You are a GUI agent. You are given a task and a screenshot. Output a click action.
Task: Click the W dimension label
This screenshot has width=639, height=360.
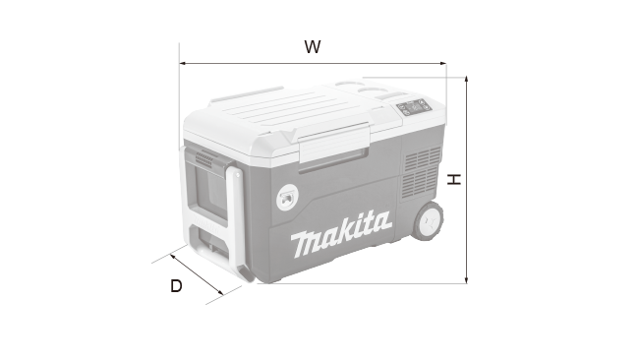point(313,47)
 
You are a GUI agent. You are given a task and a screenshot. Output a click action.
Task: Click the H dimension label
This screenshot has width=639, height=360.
point(454,179)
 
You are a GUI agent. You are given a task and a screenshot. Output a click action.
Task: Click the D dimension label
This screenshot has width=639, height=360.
point(176,286)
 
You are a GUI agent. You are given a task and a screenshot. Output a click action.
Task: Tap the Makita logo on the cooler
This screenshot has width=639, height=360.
point(341,234)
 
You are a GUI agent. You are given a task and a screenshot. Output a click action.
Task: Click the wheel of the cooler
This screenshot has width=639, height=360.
point(428,220)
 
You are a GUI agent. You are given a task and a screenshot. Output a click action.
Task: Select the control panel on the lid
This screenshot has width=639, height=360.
point(414,107)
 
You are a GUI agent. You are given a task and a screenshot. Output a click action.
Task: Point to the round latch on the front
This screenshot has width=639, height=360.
point(287,198)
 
